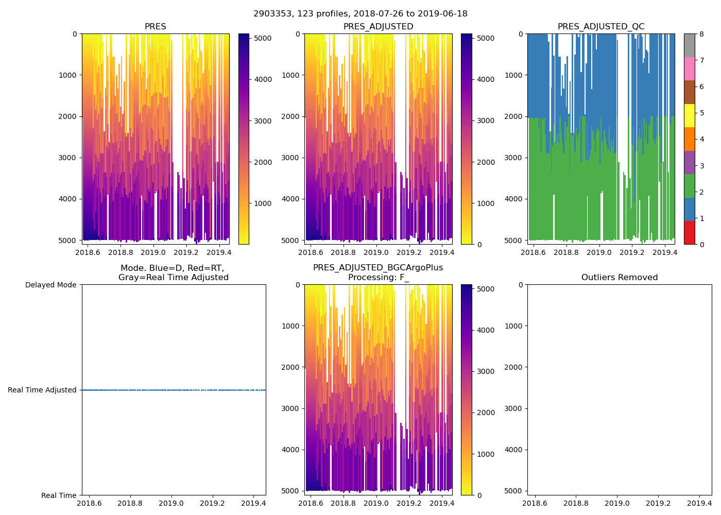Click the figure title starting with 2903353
tap(360, 14)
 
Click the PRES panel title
tap(155, 27)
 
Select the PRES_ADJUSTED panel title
tap(378, 27)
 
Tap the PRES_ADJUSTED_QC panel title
tap(601, 27)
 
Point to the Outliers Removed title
tap(620, 278)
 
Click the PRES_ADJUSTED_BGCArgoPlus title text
tap(378, 268)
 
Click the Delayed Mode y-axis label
tap(50, 285)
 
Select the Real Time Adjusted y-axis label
tap(42, 390)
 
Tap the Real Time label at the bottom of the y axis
tap(59, 495)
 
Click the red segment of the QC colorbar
tap(690, 233)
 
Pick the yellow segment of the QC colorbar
tap(690, 115)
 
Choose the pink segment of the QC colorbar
tap(690, 68)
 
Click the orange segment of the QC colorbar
tap(690, 139)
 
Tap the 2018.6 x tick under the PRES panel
tap(88, 252)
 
